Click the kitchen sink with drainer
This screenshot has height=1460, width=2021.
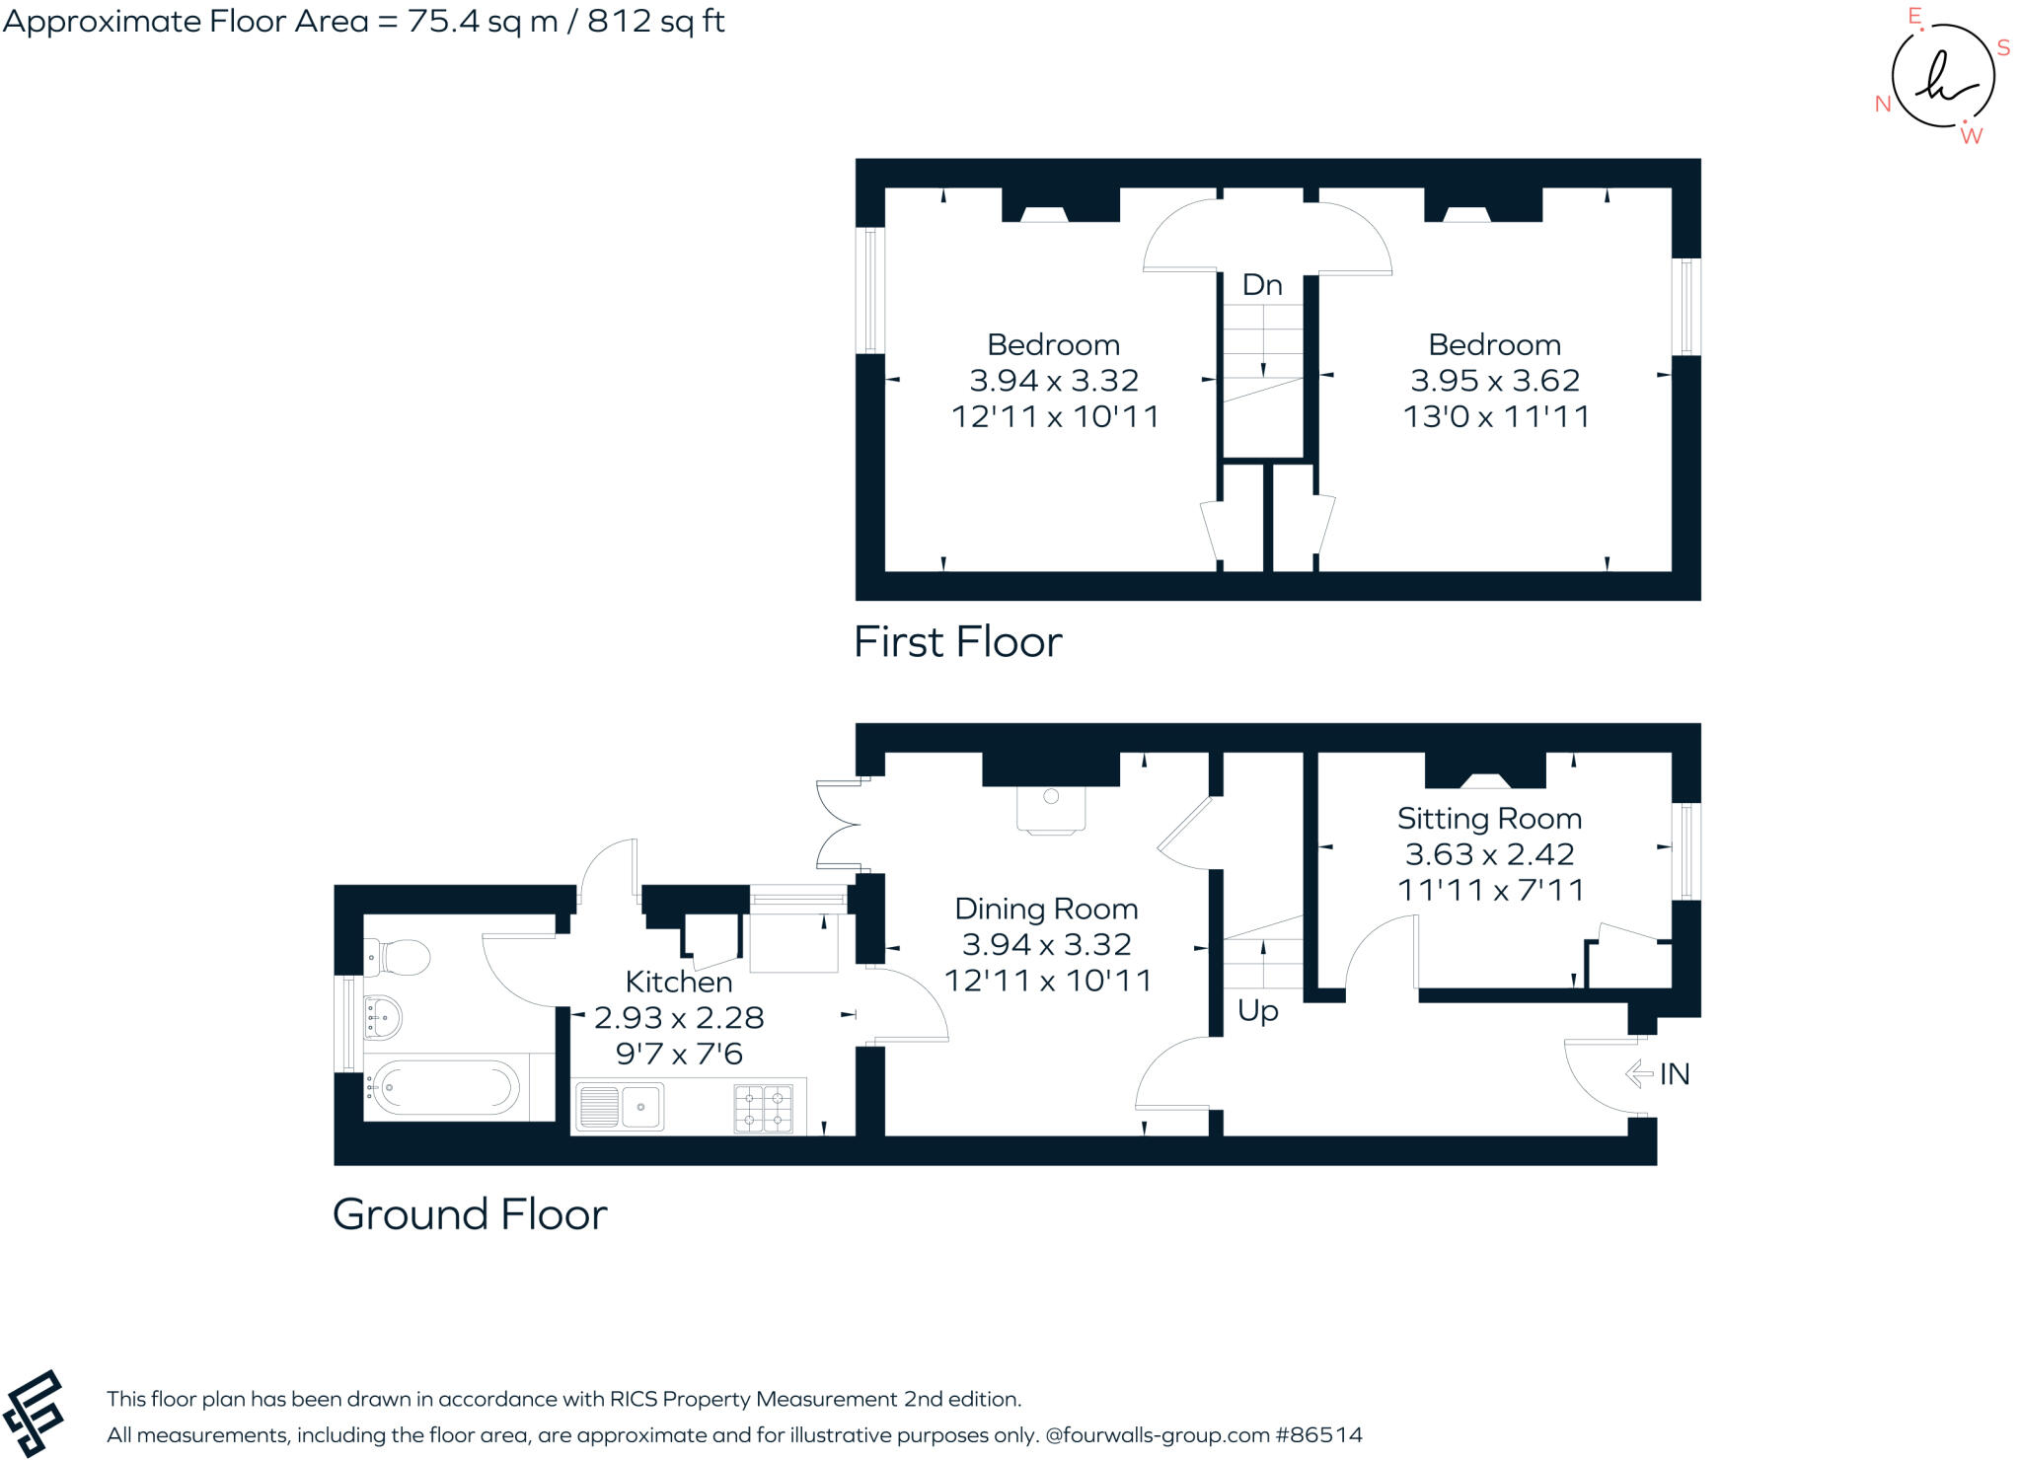click(619, 1107)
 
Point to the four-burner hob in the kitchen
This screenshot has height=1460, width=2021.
click(764, 1109)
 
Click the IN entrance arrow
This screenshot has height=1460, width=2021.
click(1639, 1073)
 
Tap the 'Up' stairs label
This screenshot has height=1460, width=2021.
click(1258, 1011)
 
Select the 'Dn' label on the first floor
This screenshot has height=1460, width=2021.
click(1262, 285)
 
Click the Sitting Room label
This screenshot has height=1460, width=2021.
click(1489, 819)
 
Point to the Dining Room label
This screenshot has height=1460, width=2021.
click(1046, 909)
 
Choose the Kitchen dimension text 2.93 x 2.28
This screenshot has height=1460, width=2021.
click(679, 1017)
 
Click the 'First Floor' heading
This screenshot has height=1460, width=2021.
click(957, 642)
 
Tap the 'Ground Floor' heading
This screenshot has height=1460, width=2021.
click(470, 1214)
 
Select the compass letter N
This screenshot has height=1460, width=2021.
click(1883, 105)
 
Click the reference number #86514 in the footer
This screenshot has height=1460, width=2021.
click(1319, 1434)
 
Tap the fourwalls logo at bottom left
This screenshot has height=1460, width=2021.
click(34, 1413)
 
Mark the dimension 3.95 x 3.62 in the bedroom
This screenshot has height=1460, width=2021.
click(1495, 381)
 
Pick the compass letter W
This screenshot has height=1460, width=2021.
click(1971, 137)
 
